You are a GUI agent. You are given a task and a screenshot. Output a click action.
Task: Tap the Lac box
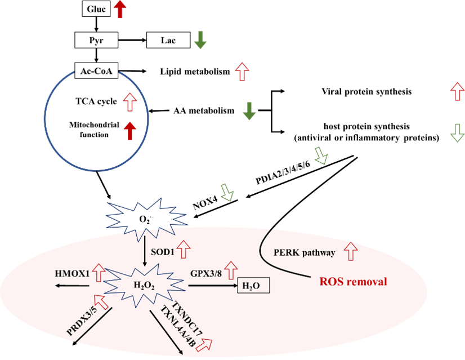(x=168, y=41)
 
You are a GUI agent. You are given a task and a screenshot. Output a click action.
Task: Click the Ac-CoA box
(x=97, y=71)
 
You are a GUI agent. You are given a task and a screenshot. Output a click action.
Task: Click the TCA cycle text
(x=96, y=101)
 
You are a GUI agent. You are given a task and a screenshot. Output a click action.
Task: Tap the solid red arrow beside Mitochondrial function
(x=131, y=131)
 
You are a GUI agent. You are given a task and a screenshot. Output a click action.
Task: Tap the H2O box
(x=253, y=286)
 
